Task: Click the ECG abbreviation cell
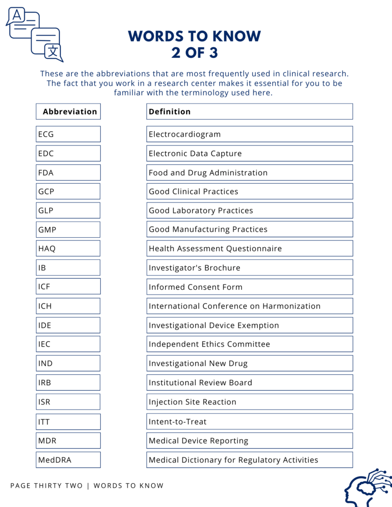[68, 134]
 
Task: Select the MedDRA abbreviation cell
[68, 460]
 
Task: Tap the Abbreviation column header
[68, 111]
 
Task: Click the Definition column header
[249, 111]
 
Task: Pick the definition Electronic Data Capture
[249, 153]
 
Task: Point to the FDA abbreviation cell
[68, 173]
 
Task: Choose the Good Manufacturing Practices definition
[249, 229]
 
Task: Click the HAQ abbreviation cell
[68, 249]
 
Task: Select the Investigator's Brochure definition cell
[249, 268]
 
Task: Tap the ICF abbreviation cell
[68, 287]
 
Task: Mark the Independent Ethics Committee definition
[249, 344]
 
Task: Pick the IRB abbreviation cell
[68, 383]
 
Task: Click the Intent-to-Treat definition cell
[249, 422]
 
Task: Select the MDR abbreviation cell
[68, 441]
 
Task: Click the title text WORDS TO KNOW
[194, 36]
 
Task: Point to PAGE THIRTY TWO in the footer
[47, 486]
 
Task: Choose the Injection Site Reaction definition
[249, 402]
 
